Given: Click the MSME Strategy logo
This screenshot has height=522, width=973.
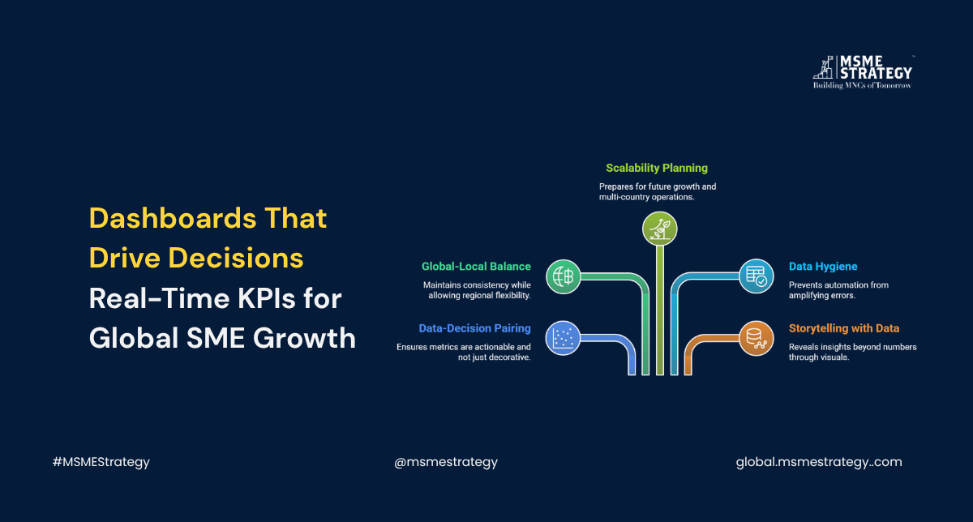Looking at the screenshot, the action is tap(863, 72).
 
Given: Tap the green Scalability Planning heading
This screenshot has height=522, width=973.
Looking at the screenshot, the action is tap(656, 168).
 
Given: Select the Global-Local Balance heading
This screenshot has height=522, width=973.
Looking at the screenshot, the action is tap(476, 266).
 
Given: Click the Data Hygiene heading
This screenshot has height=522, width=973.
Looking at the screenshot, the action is tap(823, 266).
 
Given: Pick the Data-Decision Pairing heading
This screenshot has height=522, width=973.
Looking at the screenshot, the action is tap(474, 328).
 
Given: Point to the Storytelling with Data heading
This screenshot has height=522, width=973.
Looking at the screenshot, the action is tap(844, 328).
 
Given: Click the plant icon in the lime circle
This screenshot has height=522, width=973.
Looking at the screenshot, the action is tap(659, 229).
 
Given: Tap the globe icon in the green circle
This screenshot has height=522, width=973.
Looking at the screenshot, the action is tap(564, 276).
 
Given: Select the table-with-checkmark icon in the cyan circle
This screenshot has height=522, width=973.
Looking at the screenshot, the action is tap(757, 276).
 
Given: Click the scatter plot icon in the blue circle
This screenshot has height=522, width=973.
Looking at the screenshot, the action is tap(563, 338).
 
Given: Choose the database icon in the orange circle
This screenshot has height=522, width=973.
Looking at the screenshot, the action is tap(757, 338).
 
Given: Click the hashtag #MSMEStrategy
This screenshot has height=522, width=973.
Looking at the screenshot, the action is tap(101, 462).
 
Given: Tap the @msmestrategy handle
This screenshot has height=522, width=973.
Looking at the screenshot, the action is tap(446, 462).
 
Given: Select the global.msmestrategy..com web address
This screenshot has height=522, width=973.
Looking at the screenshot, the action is tap(819, 462).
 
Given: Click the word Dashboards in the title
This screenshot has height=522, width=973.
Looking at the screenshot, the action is tap(173, 218).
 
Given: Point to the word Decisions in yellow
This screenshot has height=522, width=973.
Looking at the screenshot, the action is tap(235, 258).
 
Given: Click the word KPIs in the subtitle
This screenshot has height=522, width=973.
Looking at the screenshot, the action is tap(266, 298).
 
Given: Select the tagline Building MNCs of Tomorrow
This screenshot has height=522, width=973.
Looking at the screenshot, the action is tap(862, 86).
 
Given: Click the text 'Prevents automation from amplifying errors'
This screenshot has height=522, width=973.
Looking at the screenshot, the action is tap(838, 290).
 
